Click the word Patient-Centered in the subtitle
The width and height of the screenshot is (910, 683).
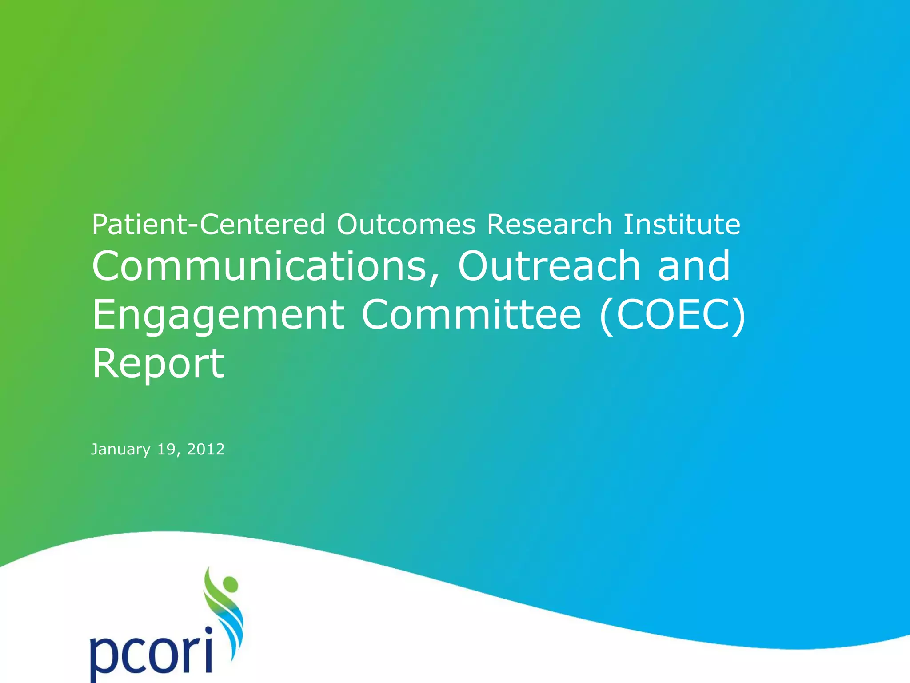pos(208,225)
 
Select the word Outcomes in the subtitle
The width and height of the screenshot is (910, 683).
pos(406,225)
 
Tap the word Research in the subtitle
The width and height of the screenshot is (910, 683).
pos(550,225)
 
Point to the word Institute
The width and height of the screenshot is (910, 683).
pos(682,225)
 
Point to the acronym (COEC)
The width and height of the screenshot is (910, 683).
pos(672,315)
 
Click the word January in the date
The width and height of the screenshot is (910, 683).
pos(120,450)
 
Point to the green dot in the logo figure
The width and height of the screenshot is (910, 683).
pos(230,583)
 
